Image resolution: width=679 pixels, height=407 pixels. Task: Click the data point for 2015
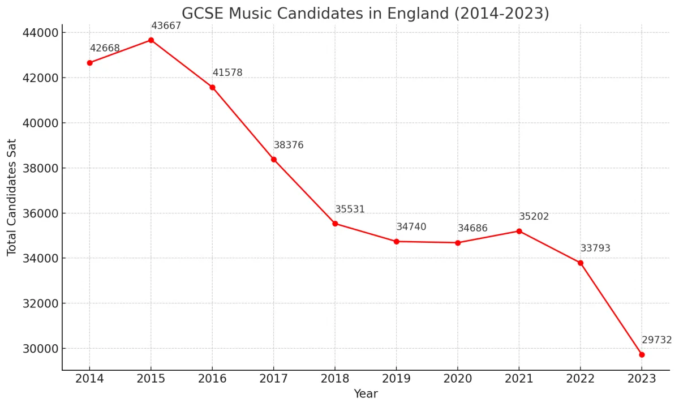click(151, 40)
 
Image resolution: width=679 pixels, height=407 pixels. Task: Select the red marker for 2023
click(642, 354)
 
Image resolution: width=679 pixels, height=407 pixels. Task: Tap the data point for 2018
click(335, 224)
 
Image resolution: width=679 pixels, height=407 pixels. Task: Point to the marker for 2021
click(519, 231)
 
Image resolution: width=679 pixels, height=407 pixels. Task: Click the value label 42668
click(105, 48)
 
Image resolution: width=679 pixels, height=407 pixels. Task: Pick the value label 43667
click(166, 26)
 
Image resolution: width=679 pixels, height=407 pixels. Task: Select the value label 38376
click(289, 145)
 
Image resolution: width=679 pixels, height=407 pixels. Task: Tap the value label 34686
click(472, 229)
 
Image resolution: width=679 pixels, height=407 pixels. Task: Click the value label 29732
click(656, 340)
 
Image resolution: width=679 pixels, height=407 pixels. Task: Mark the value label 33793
click(595, 249)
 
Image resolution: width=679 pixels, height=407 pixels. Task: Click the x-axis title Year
click(366, 394)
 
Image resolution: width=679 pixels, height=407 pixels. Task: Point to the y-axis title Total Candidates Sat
click(12, 197)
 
